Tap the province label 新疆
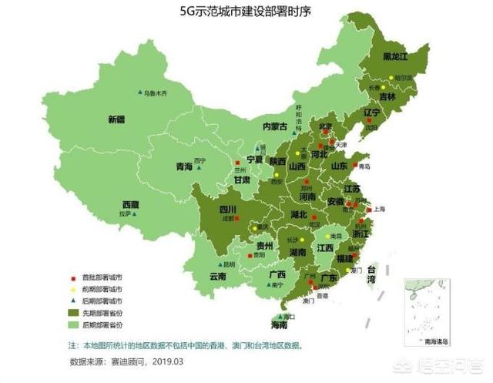click(116, 119)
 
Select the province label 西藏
click(130, 204)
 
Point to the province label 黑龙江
click(397, 56)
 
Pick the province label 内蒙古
click(275, 126)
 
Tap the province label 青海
click(184, 166)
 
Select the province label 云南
click(217, 276)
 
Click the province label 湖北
click(299, 214)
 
